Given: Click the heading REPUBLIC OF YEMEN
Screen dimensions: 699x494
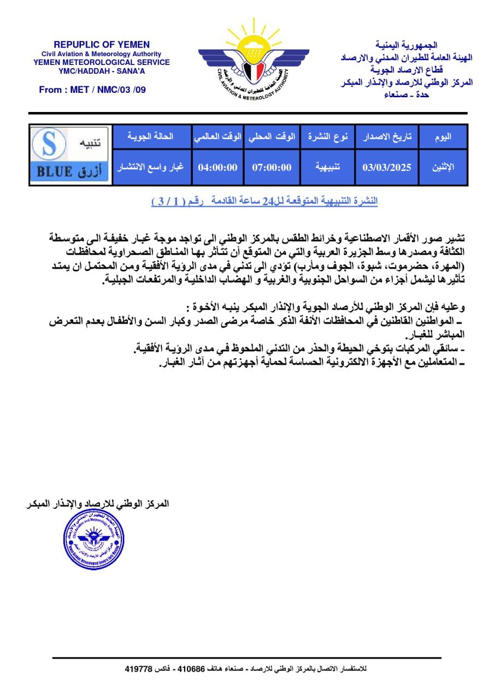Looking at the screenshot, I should pyautogui.click(x=102, y=45).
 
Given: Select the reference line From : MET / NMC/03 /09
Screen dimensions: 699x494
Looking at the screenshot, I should pyautogui.click(x=92, y=90).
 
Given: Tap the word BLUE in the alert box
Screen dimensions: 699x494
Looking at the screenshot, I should pyautogui.click(x=55, y=171).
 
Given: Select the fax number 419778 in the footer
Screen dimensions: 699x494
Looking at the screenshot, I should pyautogui.click(x=138, y=668).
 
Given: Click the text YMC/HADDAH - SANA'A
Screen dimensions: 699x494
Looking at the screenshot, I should pyautogui.click(x=102, y=70).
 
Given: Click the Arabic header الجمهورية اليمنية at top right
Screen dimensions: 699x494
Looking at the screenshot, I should pyautogui.click(x=407, y=45).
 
